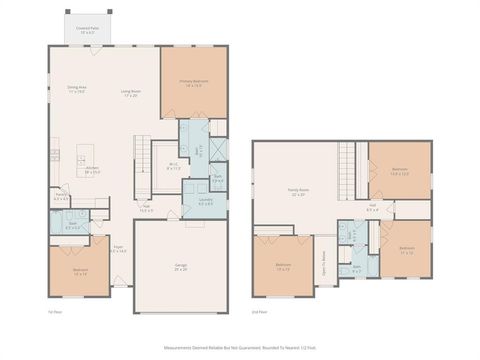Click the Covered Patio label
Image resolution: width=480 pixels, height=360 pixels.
[87, 32]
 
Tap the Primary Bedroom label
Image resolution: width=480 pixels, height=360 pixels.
[192, 83]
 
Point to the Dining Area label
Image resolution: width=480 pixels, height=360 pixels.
[76, 92]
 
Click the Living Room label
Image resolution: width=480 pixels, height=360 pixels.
[131, 93]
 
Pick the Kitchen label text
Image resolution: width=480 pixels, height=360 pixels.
[92, 172]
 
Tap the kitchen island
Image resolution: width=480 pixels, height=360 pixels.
[86, 155]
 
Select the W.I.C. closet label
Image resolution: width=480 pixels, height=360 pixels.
[173, 166]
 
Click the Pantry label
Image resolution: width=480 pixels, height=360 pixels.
[60, 198]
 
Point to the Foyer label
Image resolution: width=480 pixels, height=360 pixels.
[119, 249]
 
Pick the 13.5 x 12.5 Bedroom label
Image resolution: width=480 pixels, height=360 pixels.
[399, 171]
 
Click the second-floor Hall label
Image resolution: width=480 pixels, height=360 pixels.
[372, 207]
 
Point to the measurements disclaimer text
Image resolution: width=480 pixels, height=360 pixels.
[240, 349]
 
